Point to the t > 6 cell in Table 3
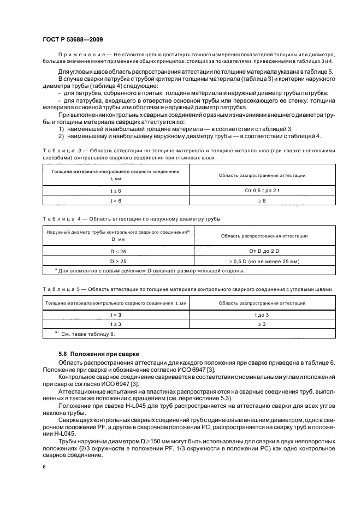pyautogui.click(x=116, y=201)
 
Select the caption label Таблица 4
pyautogui.click(x=59, y=218)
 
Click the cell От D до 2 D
pyautogui.click(x=264, y=251)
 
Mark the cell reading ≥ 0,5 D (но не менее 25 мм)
pyautogui.click(x=264, y=261)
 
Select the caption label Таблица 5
pyautogui.click(x=59, y=289)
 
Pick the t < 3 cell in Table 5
pyautogui.click(x=116, y=315)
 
